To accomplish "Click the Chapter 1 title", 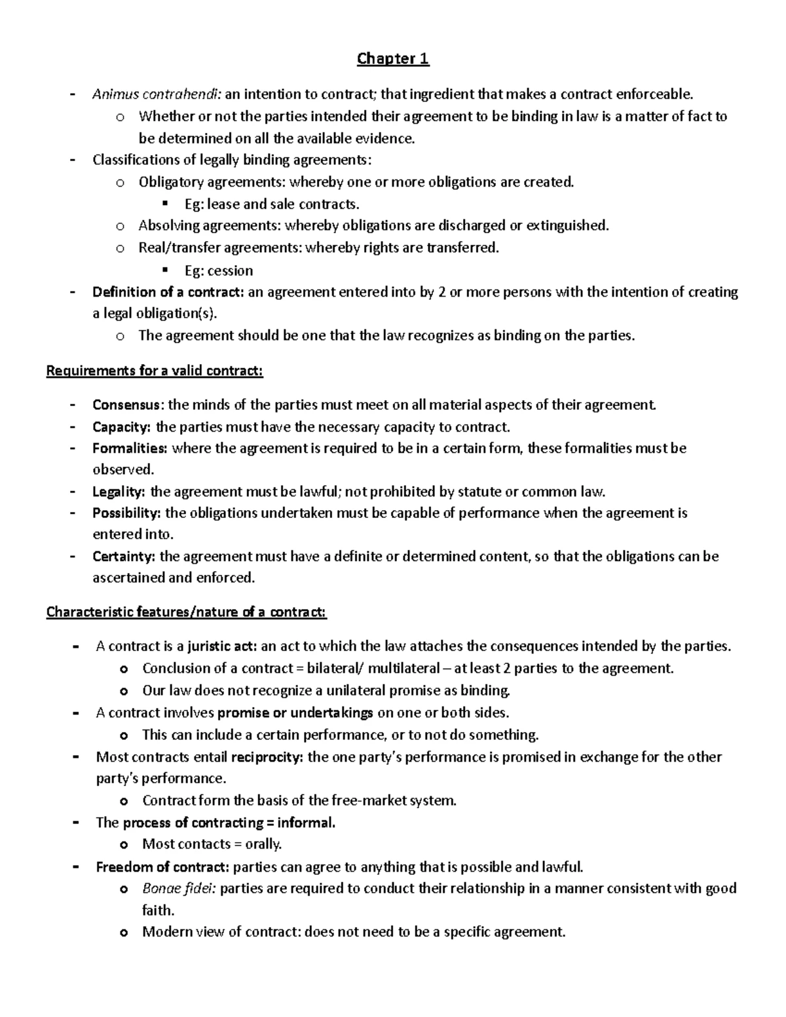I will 393,59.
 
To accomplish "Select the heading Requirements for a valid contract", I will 155,371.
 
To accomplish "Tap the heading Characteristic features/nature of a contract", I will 186,612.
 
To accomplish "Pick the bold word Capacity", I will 121,427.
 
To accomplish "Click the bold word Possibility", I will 126,513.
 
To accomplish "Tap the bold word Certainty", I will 124,557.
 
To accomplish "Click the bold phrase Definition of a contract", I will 168,292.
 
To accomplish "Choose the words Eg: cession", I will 219,270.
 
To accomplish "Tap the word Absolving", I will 169,226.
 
